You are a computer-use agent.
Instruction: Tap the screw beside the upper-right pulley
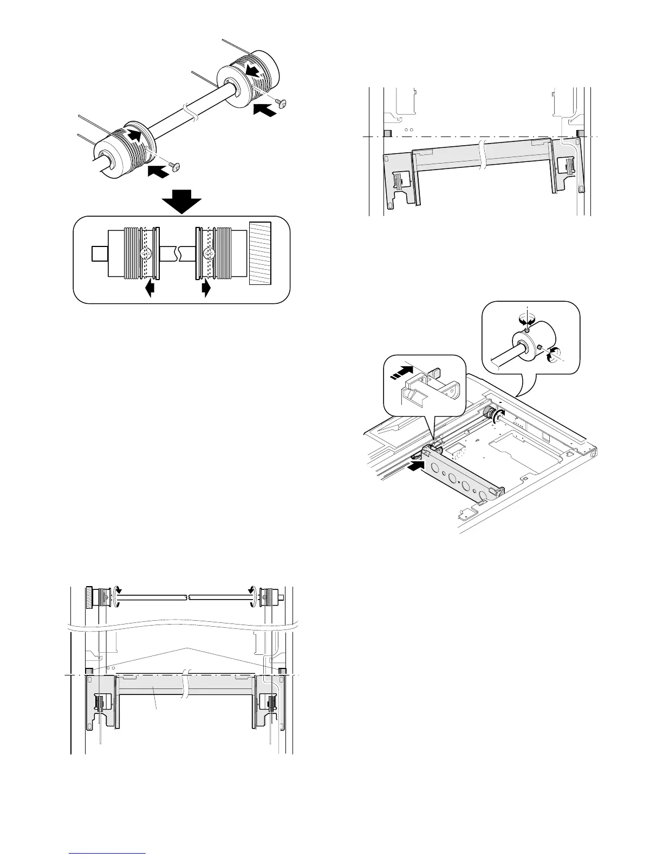[x=281, y=102]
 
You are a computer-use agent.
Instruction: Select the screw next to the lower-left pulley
[x=174, y=166]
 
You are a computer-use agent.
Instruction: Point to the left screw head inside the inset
[x=145, y=253]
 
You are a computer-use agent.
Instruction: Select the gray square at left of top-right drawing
[x=387, y=133]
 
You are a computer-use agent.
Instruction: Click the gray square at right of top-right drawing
[x=580, y=133]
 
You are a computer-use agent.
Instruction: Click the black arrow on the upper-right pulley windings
[x=251, y=70]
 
